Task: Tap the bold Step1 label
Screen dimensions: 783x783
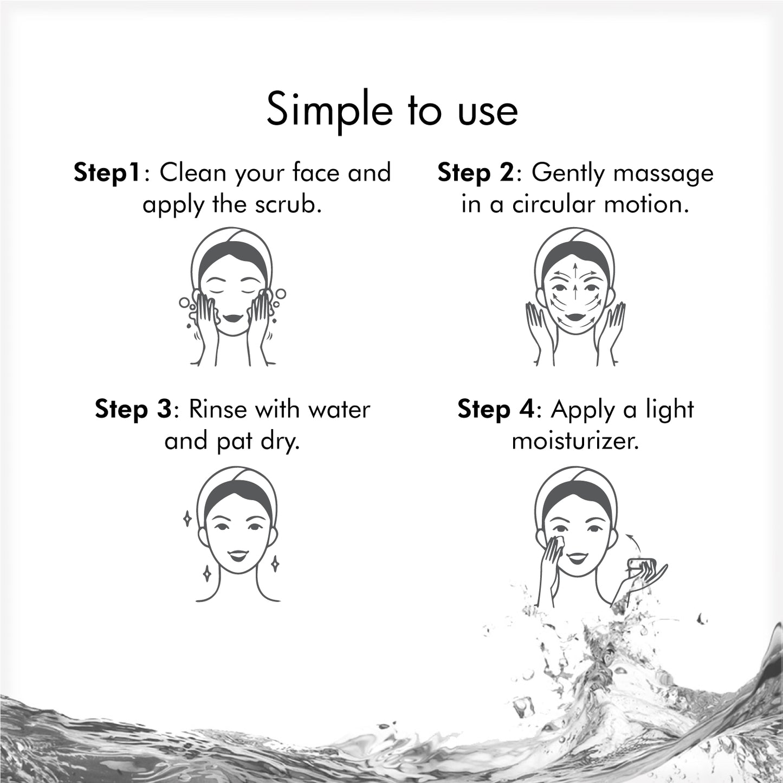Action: click(108, 173)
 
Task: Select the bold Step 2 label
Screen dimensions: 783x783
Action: click(475, 173)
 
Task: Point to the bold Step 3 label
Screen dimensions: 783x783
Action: click(133, 409)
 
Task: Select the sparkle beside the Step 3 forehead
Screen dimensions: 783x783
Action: click(187, 519)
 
